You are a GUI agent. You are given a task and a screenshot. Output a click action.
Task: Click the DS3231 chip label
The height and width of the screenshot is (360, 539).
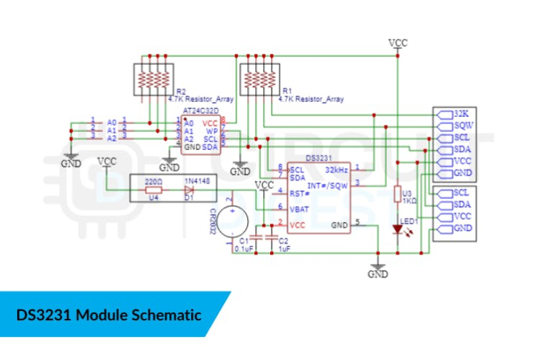coord(318,157)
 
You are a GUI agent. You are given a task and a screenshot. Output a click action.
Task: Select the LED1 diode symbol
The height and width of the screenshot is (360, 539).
coord(397,229)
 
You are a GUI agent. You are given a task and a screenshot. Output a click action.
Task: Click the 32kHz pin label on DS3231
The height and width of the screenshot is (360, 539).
coord(338,170)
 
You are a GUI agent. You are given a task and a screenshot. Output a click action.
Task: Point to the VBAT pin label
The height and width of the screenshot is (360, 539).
coord(300,209)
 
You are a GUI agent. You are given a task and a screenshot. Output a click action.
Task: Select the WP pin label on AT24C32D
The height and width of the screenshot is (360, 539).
coord(210,131)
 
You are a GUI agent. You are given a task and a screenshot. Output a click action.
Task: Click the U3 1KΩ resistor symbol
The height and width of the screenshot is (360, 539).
coord(397,194)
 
